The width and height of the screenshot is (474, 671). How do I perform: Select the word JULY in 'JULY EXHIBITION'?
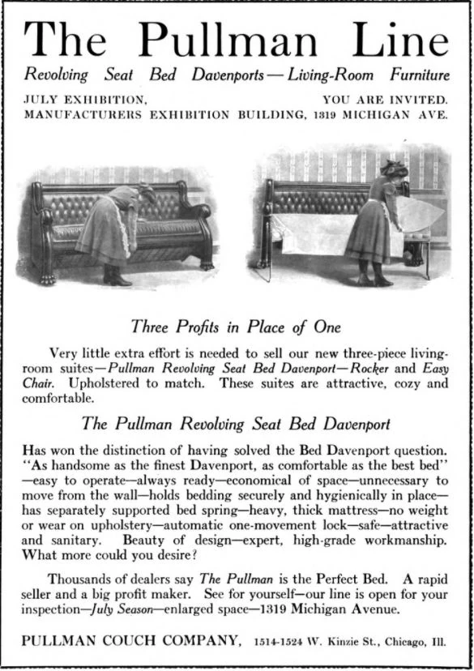(41, 100)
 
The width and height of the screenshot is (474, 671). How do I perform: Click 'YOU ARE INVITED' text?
(385, 100)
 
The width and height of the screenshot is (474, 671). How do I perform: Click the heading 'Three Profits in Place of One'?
(236, 327)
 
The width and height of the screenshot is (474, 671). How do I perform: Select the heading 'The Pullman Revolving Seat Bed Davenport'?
(237, 423)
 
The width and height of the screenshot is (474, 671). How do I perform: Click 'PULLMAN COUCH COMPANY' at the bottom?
(131, 641)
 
